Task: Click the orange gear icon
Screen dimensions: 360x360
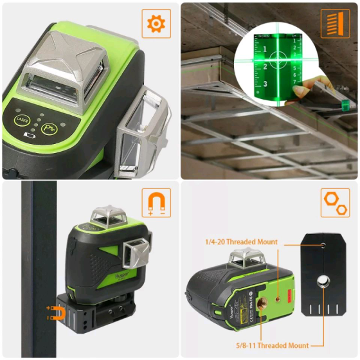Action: (156, 24)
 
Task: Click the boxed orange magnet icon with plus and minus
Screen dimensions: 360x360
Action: (156, 203)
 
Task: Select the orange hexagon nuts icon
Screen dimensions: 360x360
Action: (335, 203)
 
